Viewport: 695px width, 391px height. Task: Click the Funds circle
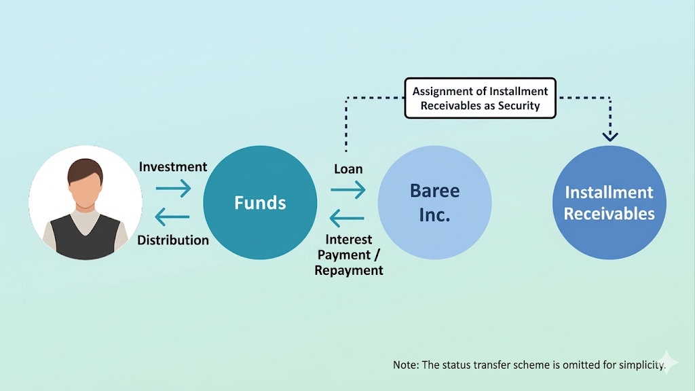point(260,202)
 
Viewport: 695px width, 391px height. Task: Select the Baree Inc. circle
point(434,202)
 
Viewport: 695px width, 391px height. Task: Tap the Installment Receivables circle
point(609,202)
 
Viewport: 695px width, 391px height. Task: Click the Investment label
point(173,167)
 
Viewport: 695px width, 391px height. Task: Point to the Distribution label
point(173,240)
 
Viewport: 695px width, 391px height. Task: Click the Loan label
point(348,169)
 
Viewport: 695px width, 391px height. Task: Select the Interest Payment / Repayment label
point(349,255)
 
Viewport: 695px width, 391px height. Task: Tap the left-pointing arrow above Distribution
point(172,218)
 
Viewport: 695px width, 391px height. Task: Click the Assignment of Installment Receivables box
point(480,98)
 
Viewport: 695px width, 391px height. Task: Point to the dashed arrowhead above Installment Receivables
point(610,136)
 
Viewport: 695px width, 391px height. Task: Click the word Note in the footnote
point(405,365)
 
